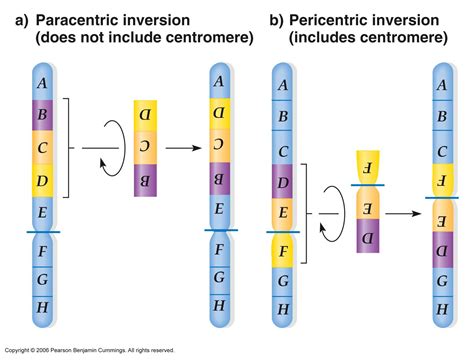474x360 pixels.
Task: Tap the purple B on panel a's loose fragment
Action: [x=146, y=181]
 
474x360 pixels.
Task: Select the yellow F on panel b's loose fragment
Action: [x=365, y=166]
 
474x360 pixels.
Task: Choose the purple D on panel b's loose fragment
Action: [x=365, y=237]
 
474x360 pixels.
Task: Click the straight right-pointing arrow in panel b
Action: [x=403, y=213]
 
